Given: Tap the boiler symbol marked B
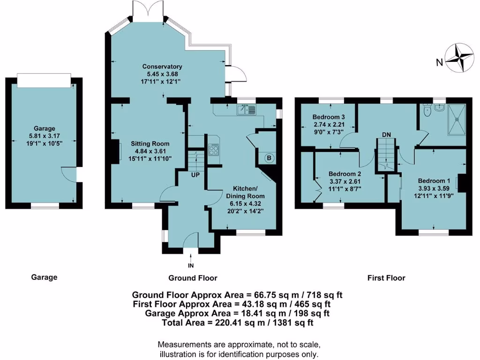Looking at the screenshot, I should coord(269,158).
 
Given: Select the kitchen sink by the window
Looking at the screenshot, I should coord(246,110).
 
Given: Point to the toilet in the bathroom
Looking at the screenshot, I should coord(426,111).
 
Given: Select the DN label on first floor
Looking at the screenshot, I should coord(386,135).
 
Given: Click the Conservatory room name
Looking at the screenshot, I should coord(162,67).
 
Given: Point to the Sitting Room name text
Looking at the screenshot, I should coord(150,143).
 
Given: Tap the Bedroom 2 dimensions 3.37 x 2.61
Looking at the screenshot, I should coord(345,182).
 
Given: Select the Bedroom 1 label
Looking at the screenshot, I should coord(434,181).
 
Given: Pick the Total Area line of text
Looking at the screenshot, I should coord(237,322).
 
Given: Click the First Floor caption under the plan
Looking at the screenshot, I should coord(386,278).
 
